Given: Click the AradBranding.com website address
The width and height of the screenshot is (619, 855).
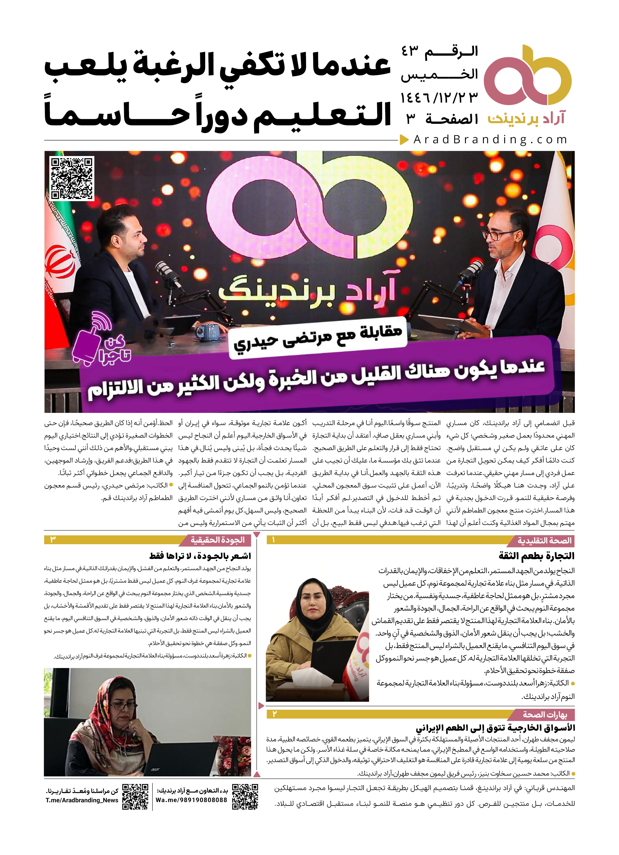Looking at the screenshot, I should coord(490,140).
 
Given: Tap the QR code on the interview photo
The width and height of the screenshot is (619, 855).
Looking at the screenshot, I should coord(72,178).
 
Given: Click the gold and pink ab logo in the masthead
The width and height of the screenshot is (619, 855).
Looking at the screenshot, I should coord(528,75).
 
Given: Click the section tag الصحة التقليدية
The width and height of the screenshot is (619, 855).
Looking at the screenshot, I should coord(544,541).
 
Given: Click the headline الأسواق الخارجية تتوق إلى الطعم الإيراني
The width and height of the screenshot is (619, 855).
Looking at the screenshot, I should coord(495,728).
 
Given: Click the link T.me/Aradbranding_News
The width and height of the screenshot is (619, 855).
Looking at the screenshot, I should coord(82,800).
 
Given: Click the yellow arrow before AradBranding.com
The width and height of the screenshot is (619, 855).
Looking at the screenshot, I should coord(404,140).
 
